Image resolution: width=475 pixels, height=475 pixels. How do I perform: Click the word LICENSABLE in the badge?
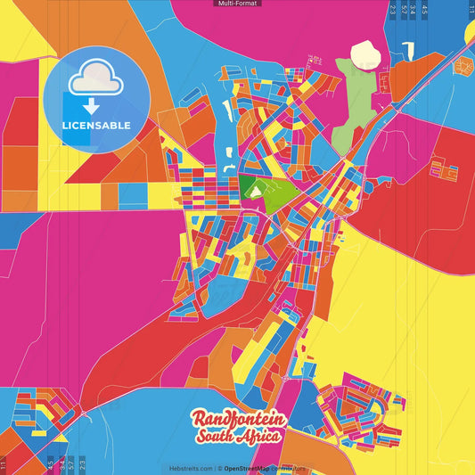(95, 126)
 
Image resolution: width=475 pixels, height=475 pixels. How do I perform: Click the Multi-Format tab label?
(237, 4)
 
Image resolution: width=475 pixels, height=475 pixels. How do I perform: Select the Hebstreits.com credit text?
(191, 468)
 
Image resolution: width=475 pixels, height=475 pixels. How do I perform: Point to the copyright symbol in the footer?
(218, 468)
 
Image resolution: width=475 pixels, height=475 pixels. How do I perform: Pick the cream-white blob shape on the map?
(365, 56)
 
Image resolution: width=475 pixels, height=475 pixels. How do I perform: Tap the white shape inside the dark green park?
(258, 189)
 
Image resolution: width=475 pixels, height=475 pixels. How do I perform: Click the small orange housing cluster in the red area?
(444, 168)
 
